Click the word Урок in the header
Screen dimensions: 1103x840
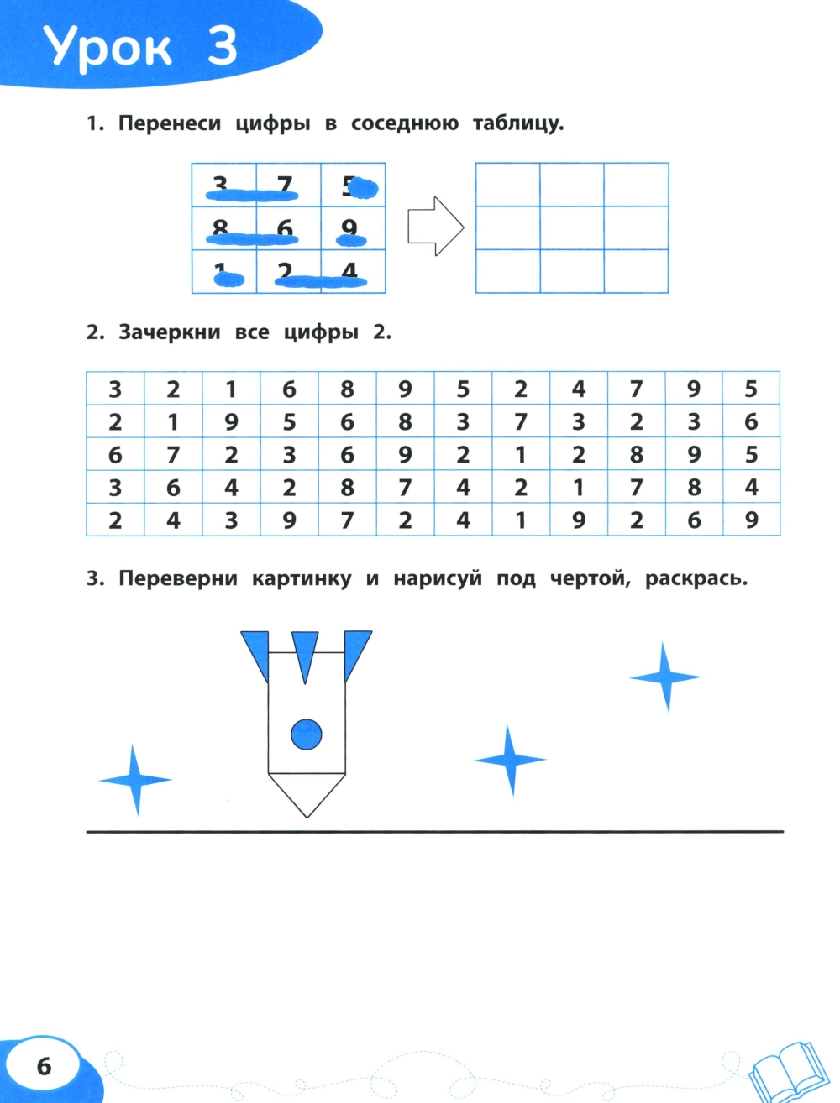click(x=108, y=49)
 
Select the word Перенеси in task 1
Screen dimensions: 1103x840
click(x=170, y=123)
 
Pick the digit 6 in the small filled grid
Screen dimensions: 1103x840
click(x=286, y=227)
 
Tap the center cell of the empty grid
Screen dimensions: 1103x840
click(x=572, y=228)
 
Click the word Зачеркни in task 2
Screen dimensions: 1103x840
click(x=170, y=332)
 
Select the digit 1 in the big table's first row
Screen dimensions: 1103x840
click(x=231, y=389)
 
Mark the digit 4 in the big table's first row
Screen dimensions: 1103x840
click(x=579, y=389)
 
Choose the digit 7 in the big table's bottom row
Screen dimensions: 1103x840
click(x=347, y=520)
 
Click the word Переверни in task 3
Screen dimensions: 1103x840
click(x=177, y=578)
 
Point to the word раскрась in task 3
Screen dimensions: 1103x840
click(x=696, y=578)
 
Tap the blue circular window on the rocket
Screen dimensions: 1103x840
click(x=307, y=734)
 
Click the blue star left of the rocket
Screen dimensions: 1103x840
click(x=135, y=780)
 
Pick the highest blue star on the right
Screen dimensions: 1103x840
click(x=665, y=677)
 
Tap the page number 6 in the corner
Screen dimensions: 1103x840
click(x=44, y=1066)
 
